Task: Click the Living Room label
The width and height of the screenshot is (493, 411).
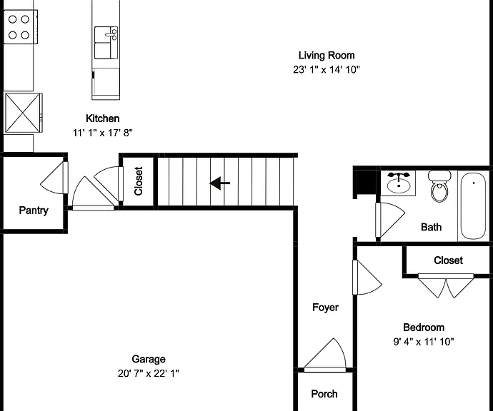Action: click(327, 55)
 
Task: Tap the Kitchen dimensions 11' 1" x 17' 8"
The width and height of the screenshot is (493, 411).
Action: click(102, 133)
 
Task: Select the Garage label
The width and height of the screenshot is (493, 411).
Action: click(149, 359)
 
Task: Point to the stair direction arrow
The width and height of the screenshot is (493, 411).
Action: click(220, 183)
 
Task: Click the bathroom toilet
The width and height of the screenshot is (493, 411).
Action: click(439, 186)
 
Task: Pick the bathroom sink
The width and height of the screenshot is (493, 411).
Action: click(399, 183)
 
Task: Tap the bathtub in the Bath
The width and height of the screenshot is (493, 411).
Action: click(473, 206)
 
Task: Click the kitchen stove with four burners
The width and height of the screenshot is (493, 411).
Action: click(21, 27)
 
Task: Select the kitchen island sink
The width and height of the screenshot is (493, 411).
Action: click(106, 43)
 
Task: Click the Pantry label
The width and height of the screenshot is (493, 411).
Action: click(34, 210)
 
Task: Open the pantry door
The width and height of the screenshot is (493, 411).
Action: click(55, 178)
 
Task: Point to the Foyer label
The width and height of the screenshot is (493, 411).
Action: click(325, 308)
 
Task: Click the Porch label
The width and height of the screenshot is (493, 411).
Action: click(324, 394)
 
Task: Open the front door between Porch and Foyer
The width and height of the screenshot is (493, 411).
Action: click(325, 355)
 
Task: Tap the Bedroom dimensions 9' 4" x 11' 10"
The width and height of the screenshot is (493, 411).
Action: click(424, 342)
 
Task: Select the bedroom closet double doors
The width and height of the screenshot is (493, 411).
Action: click(446, 285)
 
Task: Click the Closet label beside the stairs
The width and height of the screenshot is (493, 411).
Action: click(139, 181)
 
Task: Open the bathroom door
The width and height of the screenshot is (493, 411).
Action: click(390, 220)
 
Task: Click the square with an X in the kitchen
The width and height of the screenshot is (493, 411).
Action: click(23, 113)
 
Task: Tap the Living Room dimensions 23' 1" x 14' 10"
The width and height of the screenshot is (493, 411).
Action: click(327, 69)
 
